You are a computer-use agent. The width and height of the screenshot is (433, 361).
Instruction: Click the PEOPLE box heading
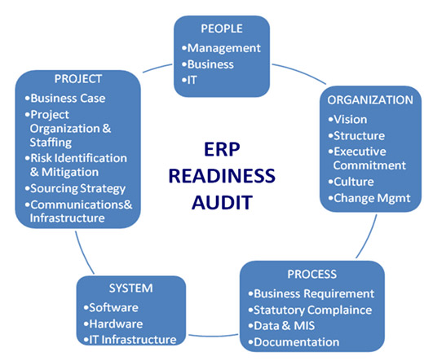pyautogui.click(x=222, y=29)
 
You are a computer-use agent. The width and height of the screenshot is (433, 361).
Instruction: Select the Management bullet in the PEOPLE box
pyautogui.click(x=221, y=48)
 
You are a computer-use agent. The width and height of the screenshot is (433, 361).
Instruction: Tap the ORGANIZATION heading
pyautogui.click(x=370, y=100)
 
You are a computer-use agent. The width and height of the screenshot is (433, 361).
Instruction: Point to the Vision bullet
pyautogui.click(x=347, y=120)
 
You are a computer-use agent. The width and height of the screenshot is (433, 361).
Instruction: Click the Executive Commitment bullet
pyautogui.click(x=367, y=158)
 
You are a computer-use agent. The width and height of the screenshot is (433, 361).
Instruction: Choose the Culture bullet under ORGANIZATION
pyautogui.click(x=351, y=182)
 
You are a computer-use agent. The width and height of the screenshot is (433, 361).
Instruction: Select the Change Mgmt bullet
pyautogui.click(x=369, y=199)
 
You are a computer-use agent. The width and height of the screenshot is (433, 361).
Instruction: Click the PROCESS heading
pyautogui.click(x=312, y=275)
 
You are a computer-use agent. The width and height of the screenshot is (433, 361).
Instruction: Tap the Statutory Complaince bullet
pyautogui.click(x=310, y=310)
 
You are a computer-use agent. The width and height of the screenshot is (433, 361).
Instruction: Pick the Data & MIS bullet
pyautogui.click(x=281, y=326)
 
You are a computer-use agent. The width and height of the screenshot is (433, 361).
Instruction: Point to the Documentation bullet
pyautogui.click(x=294, y=342)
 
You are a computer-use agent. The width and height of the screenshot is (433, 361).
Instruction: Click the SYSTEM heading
pyautogui.click(x=131, y=288)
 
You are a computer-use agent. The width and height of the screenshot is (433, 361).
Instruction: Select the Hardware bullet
pyautogui.click(x=113, y=324)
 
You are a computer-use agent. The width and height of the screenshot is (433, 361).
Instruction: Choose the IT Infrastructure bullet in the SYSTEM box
pyautogui.click(x=130, y=340)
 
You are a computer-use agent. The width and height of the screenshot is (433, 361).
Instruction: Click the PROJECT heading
pyautogui.click(x=78, y=79)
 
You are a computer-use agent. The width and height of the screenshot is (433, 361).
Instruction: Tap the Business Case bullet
pyautogui.click(x=65, y=99)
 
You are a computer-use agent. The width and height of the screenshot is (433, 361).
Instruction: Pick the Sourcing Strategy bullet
pyautogui.click(x=75, y=189)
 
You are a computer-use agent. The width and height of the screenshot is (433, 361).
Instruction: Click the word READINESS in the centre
pyautogui.click(x=222, y=176)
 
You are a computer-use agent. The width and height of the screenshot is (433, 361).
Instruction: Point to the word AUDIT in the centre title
pyautogui.click(x=222, y=202)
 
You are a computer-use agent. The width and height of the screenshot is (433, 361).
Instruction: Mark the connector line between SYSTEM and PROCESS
pyautogui.click(x=213, y=336)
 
